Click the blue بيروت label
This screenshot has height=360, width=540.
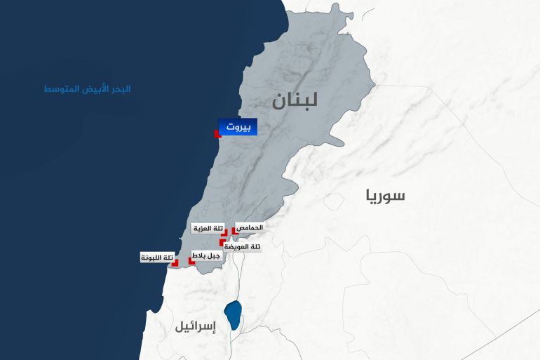tap(238, 127)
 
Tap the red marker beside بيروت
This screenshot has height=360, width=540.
tap(217, 133)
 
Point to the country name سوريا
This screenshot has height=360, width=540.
tap(385, 195)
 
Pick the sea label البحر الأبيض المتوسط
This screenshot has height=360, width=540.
tap(87, 89)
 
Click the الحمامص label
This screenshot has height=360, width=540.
tap(250, 228)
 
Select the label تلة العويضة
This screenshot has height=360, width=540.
tap(243, 246)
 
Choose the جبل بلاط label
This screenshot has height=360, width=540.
tap(206, 256)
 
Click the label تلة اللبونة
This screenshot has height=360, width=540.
tap(157, 258)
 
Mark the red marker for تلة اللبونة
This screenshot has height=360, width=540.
tap(175, 262)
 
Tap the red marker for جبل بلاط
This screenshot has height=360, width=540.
tap(191, 260)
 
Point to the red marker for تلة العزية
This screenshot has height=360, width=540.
tap(224, 234)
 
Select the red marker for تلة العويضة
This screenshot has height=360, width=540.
tap(222, 243)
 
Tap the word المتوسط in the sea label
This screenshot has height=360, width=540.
tap(60, 89)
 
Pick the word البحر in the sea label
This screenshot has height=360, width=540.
tap(120, 89)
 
